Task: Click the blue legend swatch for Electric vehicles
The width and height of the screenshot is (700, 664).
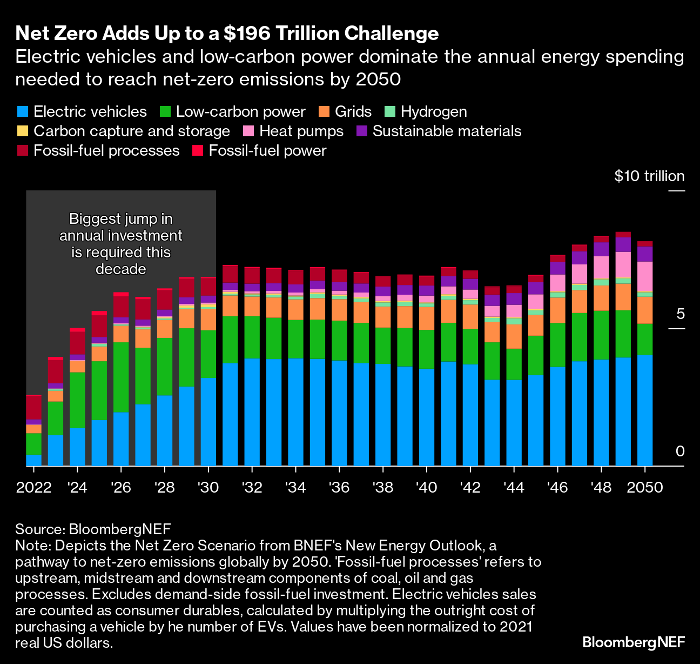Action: [x=22, y=112]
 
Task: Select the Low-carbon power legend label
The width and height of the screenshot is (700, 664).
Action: [x=240, y=112]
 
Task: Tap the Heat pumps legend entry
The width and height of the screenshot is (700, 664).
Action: [x=301, y=131]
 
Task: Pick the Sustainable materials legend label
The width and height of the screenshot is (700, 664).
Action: [x=447, y=131]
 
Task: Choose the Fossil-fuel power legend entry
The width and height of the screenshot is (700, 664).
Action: [x=267, y=151]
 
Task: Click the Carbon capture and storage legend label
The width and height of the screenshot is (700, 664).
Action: [x=132, y=131]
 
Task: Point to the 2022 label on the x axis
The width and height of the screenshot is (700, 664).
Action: [x=33, y=487]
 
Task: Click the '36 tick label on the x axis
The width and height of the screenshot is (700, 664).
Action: [x=339, y=487]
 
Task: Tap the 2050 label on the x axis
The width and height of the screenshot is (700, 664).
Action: [x=644, y=487]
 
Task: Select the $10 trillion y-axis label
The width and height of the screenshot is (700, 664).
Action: [x=649, y=176]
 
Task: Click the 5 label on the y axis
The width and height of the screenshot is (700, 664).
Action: [x=680, y=314]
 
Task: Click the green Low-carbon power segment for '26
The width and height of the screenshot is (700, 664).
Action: [x=121, y=377]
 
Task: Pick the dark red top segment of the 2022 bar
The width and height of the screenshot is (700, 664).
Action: [x=34, y=407]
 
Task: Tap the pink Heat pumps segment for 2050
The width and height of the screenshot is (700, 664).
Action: [x=644, y=276]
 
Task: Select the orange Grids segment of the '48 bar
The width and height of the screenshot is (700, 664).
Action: [x=601, y=298]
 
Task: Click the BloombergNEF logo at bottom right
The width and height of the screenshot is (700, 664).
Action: [x=633, y=642]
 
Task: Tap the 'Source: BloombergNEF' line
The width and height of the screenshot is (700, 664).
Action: [x=93, y=529]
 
